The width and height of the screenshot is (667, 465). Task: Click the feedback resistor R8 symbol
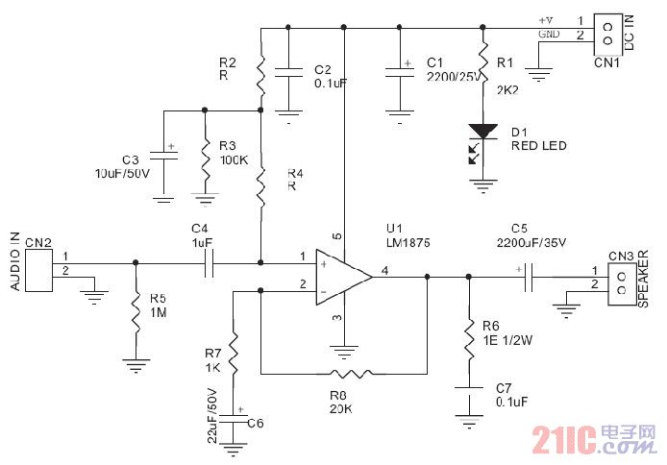[343, 373]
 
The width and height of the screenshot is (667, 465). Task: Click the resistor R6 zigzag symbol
[468, 336]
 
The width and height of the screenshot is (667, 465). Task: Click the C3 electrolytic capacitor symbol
[164, 158]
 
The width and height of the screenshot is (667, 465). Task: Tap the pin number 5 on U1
[336, 235]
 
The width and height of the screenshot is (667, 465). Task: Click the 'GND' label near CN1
[550, 34]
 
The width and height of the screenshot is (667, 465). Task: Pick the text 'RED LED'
[538, 146]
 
